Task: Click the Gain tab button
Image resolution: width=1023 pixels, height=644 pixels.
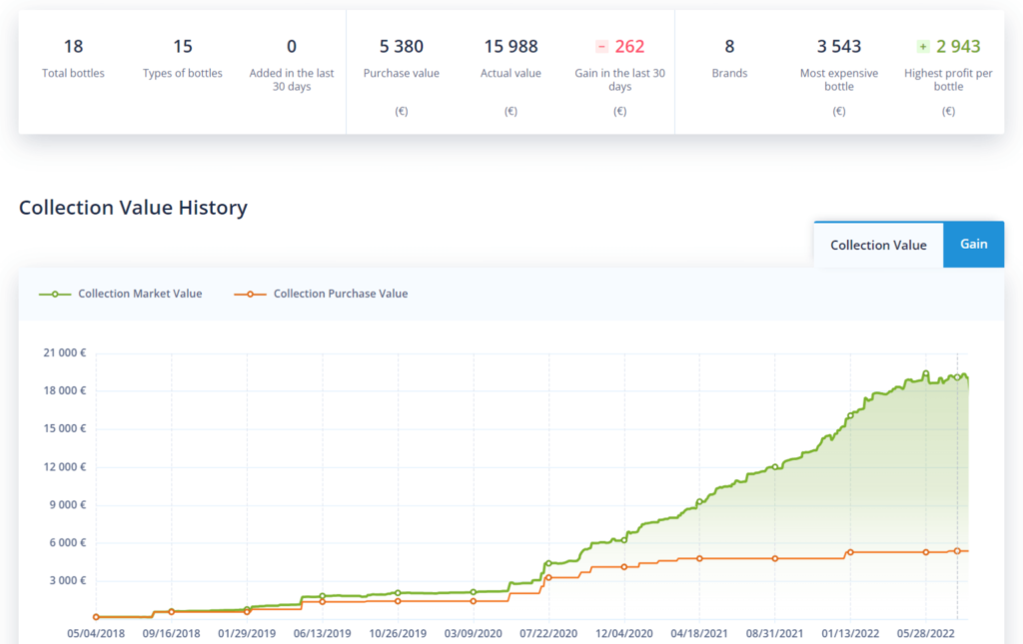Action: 973,245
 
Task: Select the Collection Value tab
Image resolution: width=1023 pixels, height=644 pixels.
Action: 878,245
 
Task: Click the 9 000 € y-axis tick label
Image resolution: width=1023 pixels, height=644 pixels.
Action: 66,504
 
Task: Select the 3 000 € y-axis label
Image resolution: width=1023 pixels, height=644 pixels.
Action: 66,580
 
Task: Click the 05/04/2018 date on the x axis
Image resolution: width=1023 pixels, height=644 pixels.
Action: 96,633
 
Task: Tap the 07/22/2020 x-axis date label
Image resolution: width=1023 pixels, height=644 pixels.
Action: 548,633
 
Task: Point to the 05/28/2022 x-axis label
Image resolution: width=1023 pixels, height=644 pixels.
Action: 925,633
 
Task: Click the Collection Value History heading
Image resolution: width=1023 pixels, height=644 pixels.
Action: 133,208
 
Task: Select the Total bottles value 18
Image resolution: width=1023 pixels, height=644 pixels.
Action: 73,46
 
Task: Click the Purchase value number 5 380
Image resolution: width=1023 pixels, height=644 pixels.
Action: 401,46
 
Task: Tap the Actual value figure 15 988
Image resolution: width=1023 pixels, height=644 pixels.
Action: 511,46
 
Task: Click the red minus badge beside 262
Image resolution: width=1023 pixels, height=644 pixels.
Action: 601,46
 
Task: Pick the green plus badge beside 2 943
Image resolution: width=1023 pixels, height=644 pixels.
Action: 923,46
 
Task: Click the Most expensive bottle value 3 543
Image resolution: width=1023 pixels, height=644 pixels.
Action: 839,46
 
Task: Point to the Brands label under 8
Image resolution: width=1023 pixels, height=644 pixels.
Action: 729,73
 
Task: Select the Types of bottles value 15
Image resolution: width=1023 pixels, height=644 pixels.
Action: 183,46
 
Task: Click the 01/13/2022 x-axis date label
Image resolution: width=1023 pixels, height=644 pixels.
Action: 850,633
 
